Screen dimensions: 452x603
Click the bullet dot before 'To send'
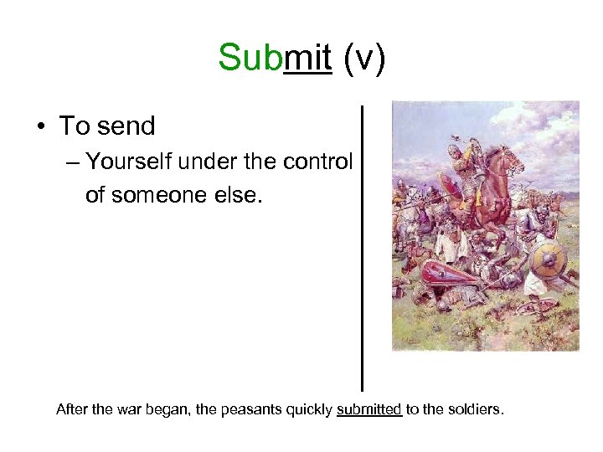point(40,126)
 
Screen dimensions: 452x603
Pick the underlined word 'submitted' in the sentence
point(368,410)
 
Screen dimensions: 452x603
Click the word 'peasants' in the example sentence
point(254,410)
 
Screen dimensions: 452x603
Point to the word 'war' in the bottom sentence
point(125,410)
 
